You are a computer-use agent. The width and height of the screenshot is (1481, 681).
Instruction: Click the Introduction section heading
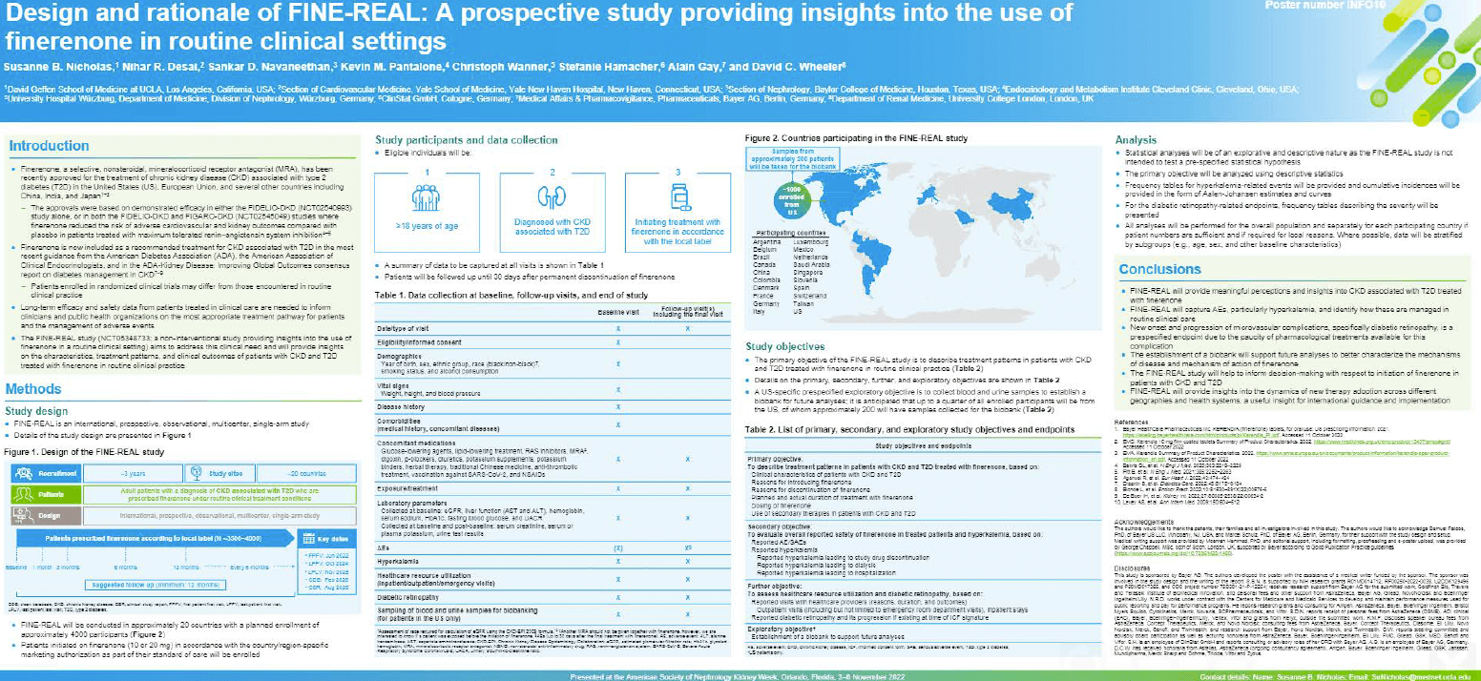[x=50, y=146]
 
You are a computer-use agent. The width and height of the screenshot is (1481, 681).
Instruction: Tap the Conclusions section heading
[x=1161, y=270]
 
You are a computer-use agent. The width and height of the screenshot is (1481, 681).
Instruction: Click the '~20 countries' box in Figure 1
[x=312, y=470]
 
